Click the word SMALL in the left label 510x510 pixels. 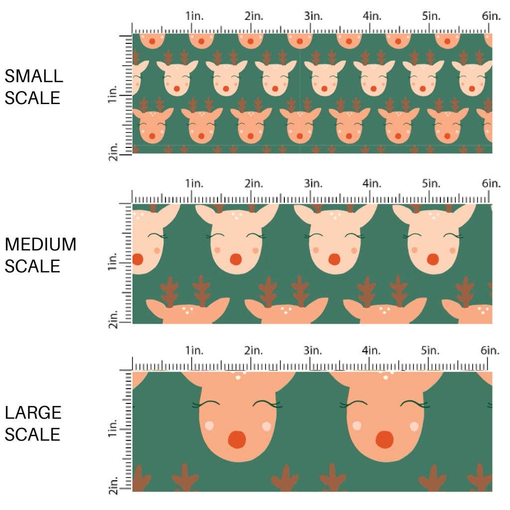[x=34, y=76]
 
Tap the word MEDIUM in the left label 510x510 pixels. [x=41, y=245]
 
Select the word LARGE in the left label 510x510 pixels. [x=33, y=413]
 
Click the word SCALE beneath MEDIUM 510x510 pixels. [x=32, y=266]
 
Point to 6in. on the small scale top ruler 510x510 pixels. [x=491, y=16]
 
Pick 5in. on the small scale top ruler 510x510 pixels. [x=432, y=16]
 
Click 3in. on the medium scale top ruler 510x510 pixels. [x=313, y=184]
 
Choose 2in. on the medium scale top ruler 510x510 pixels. [x=254, y=184]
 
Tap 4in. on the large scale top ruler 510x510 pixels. [x=372, y=351]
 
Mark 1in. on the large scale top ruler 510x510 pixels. [x=194, y=351]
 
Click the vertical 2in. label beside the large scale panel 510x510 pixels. [x=113, y=486]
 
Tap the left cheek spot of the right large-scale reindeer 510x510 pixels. [x=357, y=426]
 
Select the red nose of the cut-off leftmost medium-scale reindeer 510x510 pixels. [x=137, y=259]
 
